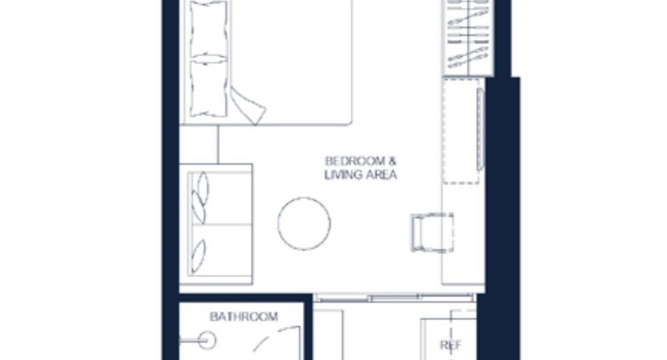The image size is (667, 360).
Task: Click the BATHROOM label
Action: (x=244, y=317)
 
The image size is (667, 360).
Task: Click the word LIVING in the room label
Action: (x=341, y=175)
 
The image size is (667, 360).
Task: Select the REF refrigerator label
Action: (x=450, y=345)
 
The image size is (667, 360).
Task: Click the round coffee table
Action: (x=304, y=223)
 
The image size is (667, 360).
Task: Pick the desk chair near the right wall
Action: (x=432, y=232)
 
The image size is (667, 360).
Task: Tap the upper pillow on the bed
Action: (x=208, y=29)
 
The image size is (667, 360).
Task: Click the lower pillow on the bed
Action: (x=208, y=88)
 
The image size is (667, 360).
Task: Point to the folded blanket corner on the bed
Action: (x=248, y=106)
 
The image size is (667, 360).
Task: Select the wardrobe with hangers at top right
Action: (x=468, y=38)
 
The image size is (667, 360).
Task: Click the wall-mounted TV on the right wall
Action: (x=480, y=129)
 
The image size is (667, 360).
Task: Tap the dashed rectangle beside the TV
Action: (x=461, y=131)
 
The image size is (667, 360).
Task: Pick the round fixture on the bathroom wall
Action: (x=207, y=341)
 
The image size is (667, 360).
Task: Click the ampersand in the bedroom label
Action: (x=392, y=161)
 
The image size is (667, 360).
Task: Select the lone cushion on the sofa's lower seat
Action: (x=198, y=256)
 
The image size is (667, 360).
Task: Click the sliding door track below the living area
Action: (x=394, y=297)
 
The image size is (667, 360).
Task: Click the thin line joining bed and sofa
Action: (x=218, y=144)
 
